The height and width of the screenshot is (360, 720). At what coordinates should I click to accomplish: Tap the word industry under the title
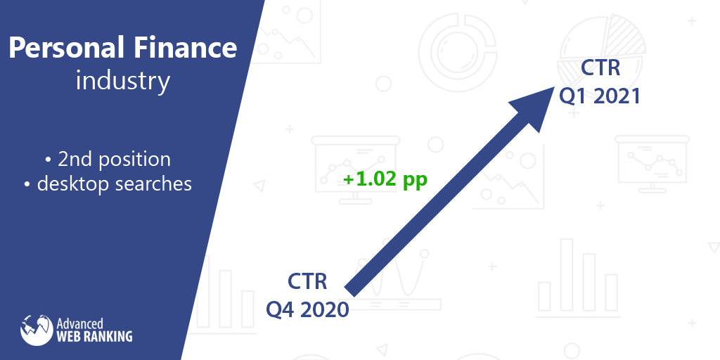click(x=122, y=82)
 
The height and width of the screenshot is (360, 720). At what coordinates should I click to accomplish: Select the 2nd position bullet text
click(x=108, y=160)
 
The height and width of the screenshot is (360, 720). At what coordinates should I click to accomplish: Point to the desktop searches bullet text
click(x=108, y=184)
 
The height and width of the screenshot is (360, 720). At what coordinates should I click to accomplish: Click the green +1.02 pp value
click(x=385, y=179)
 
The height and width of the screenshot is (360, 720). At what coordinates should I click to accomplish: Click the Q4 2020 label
click(x=308, y=309)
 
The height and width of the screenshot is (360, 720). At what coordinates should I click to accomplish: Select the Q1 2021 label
click(x=600, y=96)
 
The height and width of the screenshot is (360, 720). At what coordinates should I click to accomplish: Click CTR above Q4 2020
click(x=307, y=281)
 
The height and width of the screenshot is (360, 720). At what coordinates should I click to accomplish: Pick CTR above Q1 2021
click(x=600, y=68)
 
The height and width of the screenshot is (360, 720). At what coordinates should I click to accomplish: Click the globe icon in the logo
click(x=37, y=330)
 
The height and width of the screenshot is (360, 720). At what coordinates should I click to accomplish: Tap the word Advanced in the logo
click(x=79, y=323)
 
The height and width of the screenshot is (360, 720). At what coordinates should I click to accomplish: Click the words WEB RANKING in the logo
click(x=94, y=336)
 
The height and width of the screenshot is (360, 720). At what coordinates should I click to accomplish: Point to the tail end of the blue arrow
click(x=351, y=290)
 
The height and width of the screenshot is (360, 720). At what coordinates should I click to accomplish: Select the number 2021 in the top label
click(x=616, y=96)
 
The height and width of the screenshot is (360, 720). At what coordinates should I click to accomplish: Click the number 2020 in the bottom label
click(x=325, y=309)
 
